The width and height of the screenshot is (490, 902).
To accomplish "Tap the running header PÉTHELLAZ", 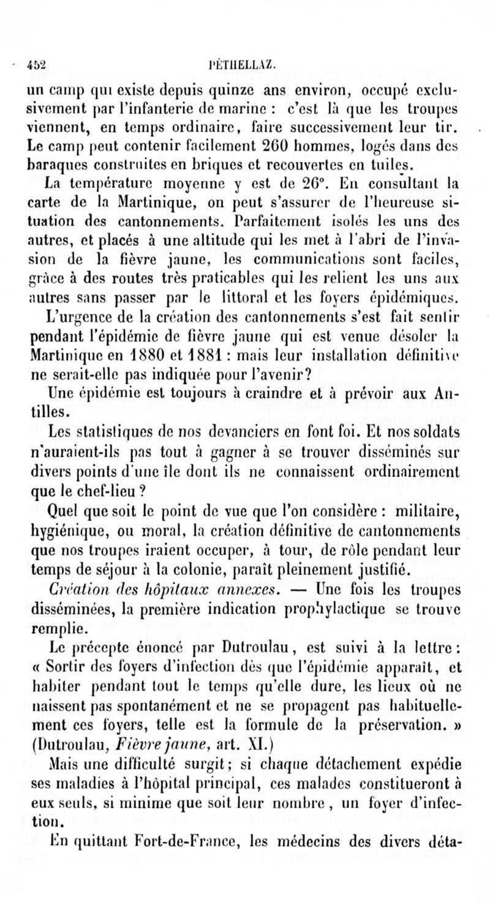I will tap(236, 64).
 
